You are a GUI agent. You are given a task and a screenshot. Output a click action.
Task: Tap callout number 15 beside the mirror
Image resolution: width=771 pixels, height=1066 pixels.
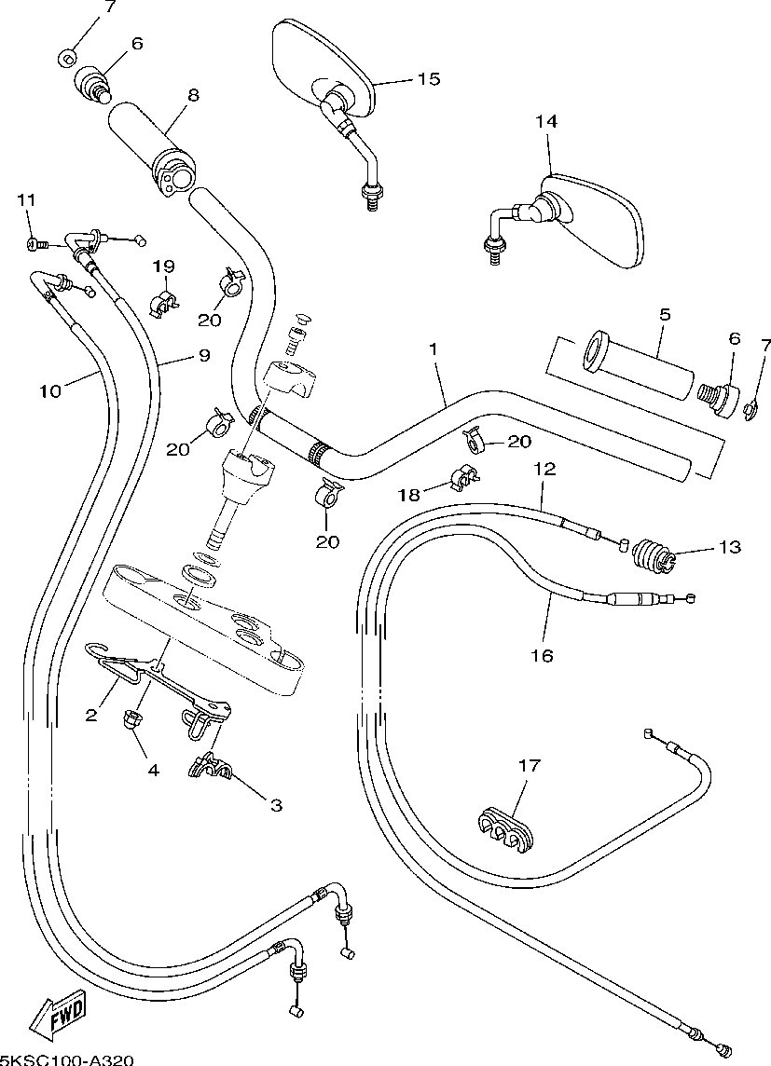point(428,79)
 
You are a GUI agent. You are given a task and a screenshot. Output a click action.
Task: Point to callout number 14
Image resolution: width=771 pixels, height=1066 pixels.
point(546,121)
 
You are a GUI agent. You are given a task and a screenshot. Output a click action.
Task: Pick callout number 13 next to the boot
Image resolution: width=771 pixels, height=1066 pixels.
point(730,547)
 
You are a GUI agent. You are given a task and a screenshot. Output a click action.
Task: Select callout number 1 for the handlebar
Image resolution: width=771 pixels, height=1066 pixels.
point(433,348)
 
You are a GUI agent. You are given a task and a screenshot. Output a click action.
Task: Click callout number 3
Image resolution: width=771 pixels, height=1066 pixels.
point(276,806)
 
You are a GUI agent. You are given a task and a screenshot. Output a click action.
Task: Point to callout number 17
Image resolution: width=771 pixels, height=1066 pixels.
point(529,766)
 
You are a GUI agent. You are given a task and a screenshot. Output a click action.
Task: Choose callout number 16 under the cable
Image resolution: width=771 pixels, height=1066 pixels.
point(542,655)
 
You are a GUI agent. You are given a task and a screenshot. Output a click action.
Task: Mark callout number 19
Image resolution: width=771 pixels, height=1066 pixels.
point(163,266)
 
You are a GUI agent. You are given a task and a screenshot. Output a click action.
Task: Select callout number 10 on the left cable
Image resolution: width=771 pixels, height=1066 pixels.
point(49,391)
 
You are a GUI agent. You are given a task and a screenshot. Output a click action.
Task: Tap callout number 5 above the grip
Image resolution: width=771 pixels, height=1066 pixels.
point(665,314)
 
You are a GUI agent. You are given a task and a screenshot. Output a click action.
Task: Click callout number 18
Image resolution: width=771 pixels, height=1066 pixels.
point(409,495)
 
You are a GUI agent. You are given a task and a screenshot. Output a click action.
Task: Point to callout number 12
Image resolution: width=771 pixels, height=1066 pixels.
point(544,469)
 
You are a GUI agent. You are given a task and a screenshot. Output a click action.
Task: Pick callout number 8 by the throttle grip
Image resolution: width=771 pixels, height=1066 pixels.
point(194,95)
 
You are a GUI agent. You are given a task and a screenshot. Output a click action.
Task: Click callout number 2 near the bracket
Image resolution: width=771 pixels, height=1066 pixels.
point(91,715)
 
